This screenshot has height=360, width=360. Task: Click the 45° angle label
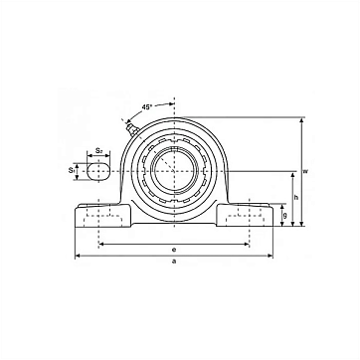[147, 107]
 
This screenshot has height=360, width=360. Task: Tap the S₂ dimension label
[98, 150]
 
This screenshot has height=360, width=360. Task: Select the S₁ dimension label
[71, 170]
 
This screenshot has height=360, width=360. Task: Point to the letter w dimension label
[305, 171]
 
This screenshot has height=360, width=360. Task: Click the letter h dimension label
[296, 198]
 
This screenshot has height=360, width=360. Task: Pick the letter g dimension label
[285, 215]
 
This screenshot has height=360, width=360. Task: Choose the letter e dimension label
[174, 250]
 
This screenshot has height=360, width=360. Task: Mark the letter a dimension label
[174, 262]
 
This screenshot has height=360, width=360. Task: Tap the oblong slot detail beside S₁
[98, 171]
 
